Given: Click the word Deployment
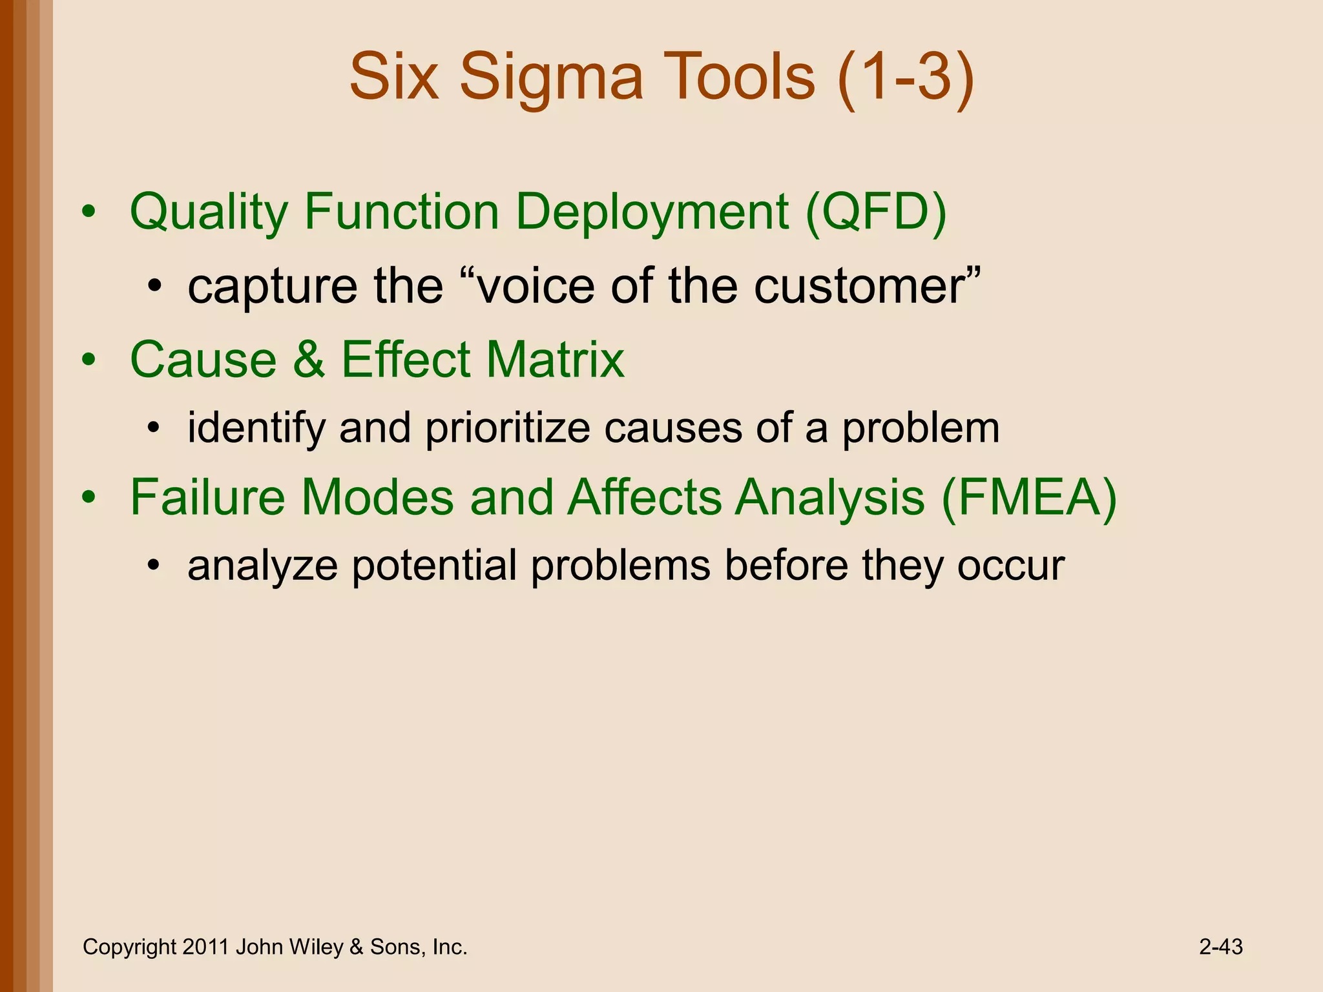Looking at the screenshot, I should click(x=652, y=213).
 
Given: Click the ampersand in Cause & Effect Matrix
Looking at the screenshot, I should click(x=308, y=360).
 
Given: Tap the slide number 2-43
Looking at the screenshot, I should click(x=1220, y=947).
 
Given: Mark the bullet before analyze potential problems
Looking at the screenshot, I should click(x=153, y=567).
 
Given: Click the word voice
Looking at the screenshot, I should click(x=535, y=287).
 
